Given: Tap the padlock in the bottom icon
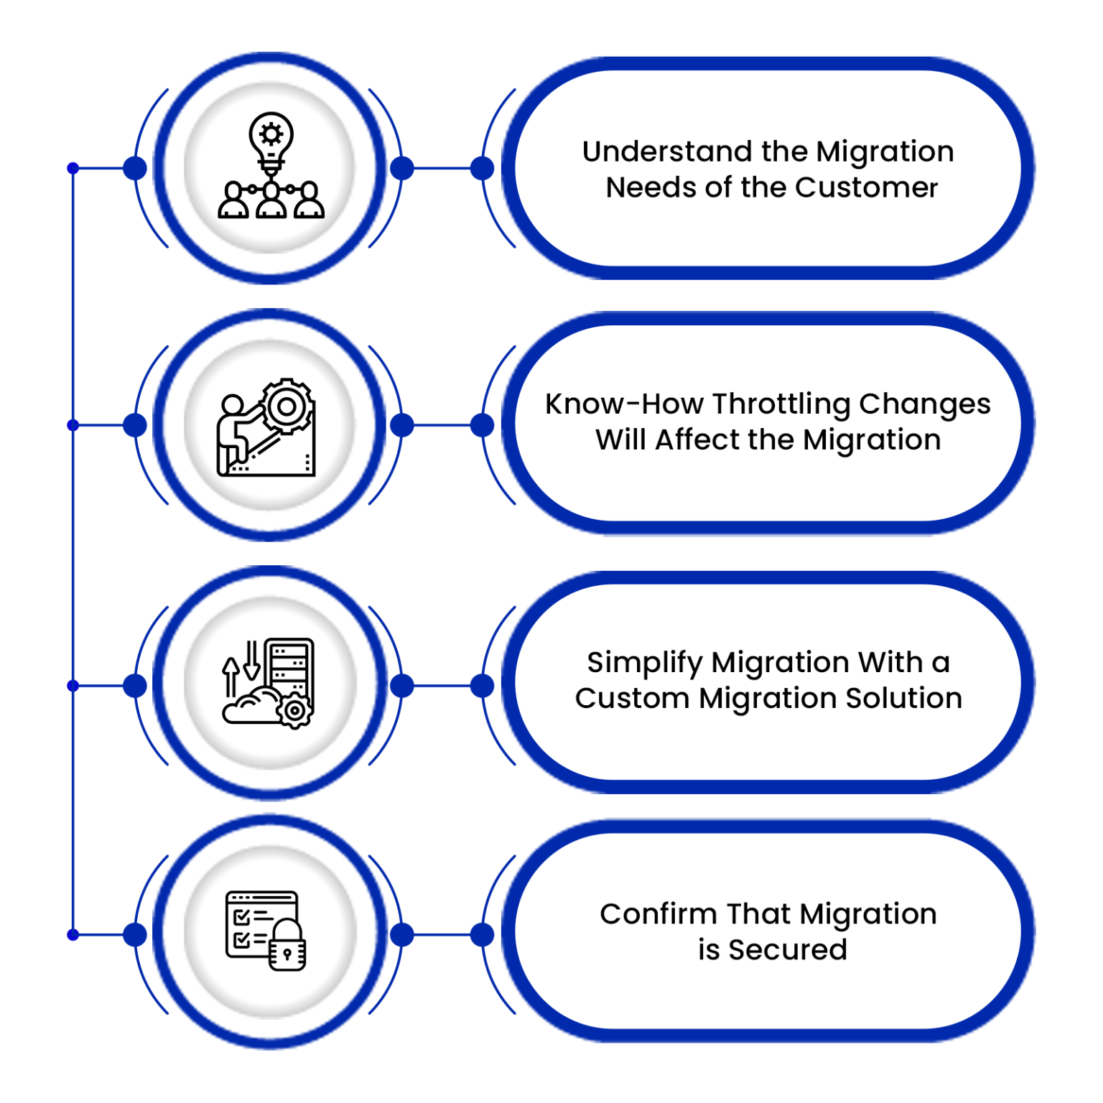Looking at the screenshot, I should click(x=287, y=946).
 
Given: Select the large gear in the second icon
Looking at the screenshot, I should click(x=287, y=406).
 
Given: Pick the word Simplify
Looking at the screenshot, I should click(x=644, y=663).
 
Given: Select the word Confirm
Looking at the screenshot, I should click(x=658, y=914).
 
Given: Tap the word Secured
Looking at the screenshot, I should click(x=788, y=950).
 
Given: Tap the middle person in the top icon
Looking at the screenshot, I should click(x=271, y=201).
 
